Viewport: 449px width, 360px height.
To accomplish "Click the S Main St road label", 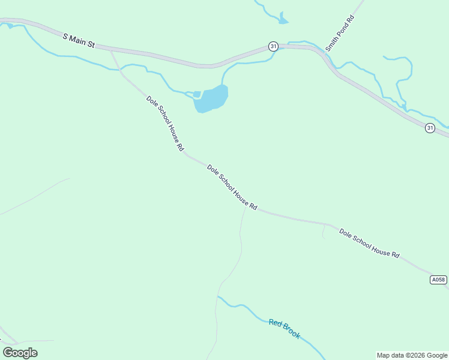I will click(79, 40).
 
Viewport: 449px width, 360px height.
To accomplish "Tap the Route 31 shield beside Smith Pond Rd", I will click(274, 46).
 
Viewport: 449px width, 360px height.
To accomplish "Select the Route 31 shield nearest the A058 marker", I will click(430, 128).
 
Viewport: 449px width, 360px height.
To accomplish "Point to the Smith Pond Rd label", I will click(340, 34).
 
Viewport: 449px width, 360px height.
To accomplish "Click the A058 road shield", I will click(439, 280).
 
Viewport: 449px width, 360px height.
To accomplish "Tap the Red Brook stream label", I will click(284, 329).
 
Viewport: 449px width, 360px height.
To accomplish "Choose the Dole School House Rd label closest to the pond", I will click(165, 123).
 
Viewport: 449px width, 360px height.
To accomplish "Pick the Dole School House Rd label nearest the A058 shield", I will click(369, 243).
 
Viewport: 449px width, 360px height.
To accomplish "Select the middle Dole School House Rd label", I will click(232, 187).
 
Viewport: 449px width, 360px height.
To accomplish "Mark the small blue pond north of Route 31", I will click(283, 20).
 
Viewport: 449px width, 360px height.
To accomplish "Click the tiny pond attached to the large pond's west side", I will click(196, 94).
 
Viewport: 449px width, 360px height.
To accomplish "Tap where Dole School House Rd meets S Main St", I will click(111, 50).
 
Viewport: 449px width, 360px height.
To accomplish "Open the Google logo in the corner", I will click(20, 352).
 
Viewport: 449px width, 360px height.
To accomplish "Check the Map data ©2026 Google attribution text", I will click(412, 355).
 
